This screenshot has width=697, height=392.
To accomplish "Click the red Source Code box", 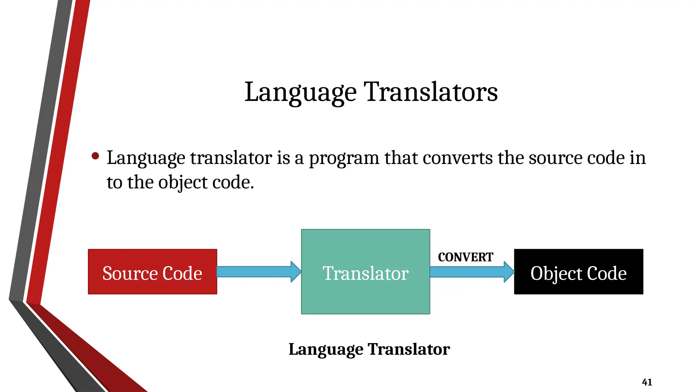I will pyautogui.click(x=152, y=272).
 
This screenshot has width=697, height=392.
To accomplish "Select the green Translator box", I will pyautogui.click(x=366, y=272).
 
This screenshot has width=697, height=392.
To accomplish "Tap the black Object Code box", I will pyautogui.click(x=579, y=272).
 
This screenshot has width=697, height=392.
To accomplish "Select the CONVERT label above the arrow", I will pyautogui.click(x=465, y=257).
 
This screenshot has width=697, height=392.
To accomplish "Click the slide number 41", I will pyautogui.click(x=647, y=382).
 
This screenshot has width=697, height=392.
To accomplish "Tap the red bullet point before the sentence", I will pyautogui.click(x=95, y=156).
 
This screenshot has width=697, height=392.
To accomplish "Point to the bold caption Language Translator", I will pyautogui.click(x=369, y=349).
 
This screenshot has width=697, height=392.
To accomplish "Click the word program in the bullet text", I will pyautogui.click(x=344, y=158).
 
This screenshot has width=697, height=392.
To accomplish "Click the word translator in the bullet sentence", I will pyautogui.click(x=231, y=158).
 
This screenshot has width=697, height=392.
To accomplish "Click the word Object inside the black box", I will pyautogui.click(x=556, y=273).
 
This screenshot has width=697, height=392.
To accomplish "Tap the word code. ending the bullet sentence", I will pyautogui.click(x=233, y=183).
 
